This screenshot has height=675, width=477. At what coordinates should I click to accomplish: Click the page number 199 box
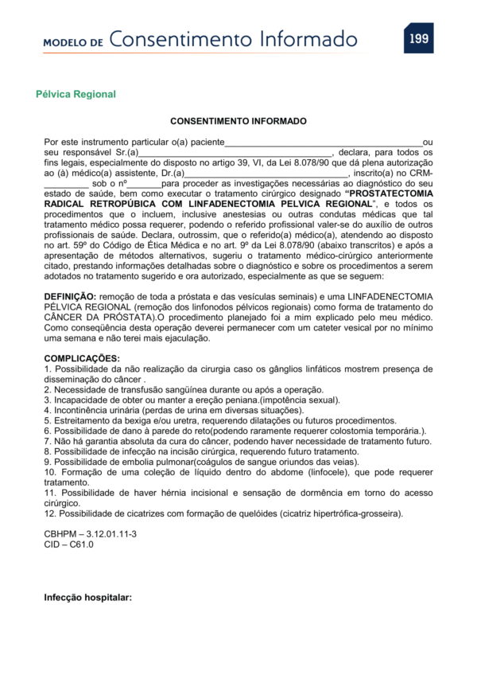(418, 38)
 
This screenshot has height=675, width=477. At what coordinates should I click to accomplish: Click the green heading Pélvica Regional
(76, 94)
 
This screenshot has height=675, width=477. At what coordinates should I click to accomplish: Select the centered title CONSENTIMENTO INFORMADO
(238, 122)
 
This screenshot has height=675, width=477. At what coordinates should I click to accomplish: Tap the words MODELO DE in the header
(73, 42)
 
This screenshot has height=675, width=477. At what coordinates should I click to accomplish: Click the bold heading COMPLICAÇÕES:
(82, 358)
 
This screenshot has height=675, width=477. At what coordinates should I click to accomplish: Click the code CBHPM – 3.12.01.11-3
(90, 534)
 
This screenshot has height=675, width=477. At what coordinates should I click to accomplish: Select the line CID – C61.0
(68, 544)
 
